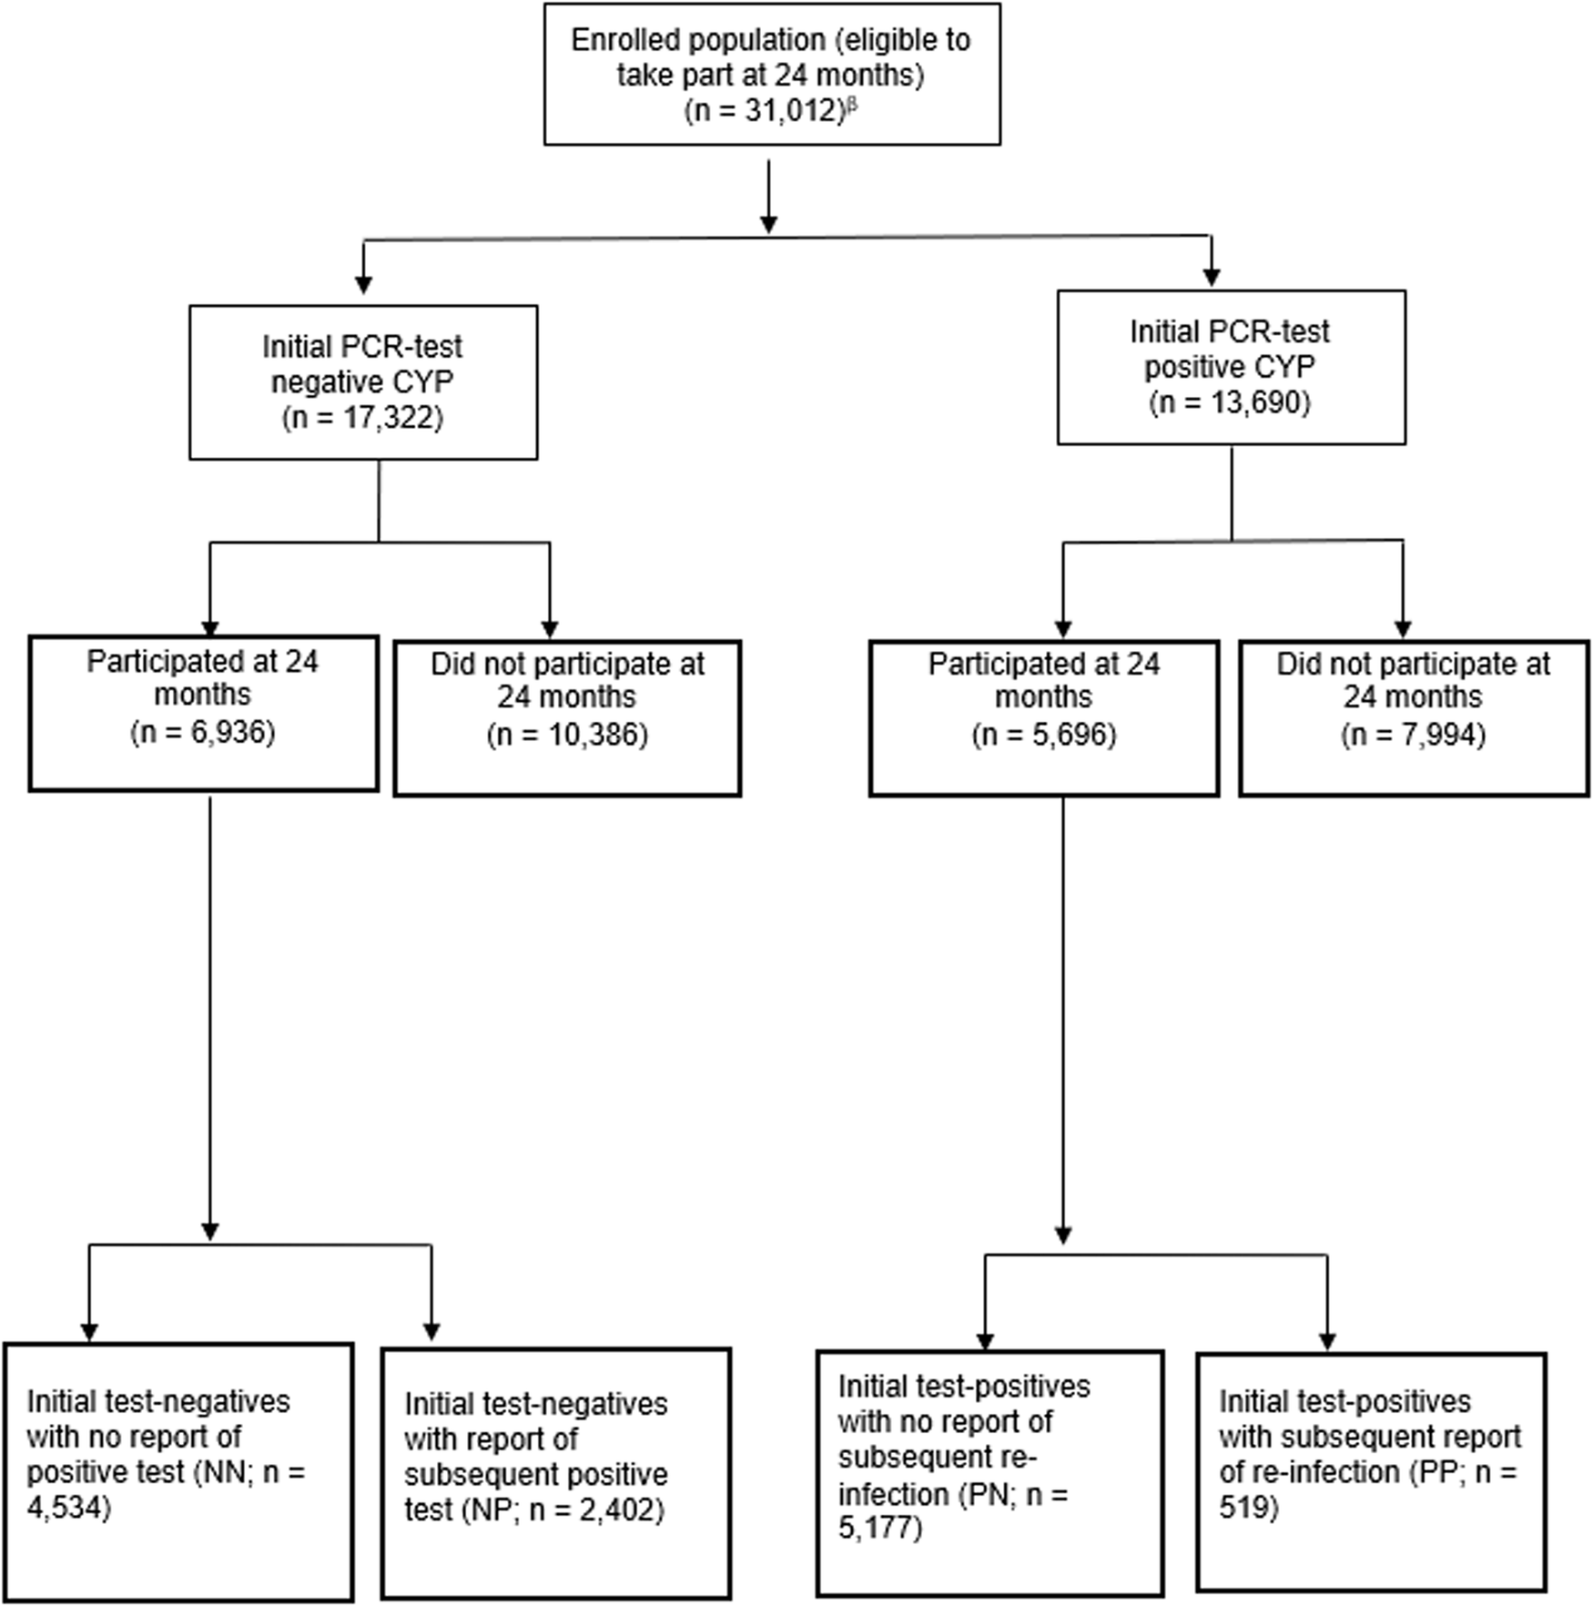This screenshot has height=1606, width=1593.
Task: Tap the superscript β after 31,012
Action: tap(853, 104)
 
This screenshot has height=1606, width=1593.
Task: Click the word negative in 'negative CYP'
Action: tap(323, 382)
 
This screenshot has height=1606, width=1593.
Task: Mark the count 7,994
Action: tap(1438, 735)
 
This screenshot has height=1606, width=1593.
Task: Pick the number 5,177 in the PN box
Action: tap(875, 1529)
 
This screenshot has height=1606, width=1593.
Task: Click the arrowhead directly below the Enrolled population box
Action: tap(769, 223)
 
